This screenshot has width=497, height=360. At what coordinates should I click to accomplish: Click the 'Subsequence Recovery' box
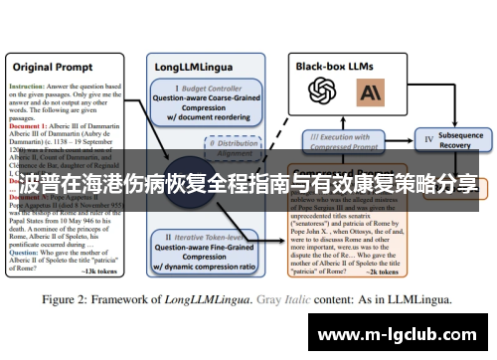(x=453, y=140)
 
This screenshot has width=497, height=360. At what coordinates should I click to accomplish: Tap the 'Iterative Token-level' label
(x=212, y=238)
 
